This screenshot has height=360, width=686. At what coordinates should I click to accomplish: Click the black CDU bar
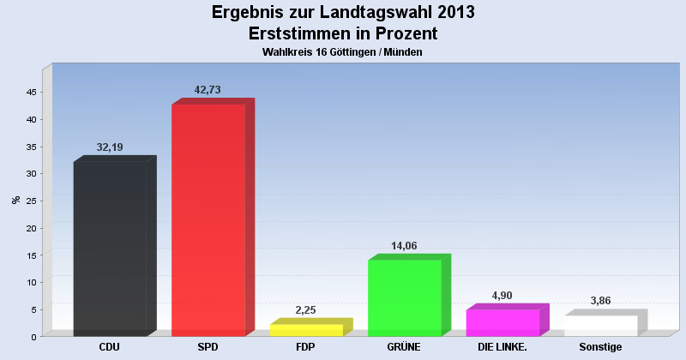(110, 249)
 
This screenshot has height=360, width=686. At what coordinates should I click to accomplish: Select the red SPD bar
(208, 220)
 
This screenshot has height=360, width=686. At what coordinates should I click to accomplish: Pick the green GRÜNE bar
(404, 297)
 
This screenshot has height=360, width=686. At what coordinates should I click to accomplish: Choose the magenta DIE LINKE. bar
(502, 322)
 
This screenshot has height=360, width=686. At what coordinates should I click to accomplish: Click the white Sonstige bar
(600, 326)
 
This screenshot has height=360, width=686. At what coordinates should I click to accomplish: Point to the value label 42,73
(208, 90)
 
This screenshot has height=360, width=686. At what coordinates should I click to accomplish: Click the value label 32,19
(110, 147)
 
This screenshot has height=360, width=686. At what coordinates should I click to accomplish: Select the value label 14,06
(404, 246)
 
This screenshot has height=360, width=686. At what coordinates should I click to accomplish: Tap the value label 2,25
(306, 310)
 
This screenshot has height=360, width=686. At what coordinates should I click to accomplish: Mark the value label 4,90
(502, 296)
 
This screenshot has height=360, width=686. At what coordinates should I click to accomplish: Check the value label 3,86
(600, 301)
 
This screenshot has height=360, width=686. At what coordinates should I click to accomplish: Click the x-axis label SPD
(208, 347)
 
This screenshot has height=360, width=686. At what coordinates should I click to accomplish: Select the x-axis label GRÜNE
(404, 347)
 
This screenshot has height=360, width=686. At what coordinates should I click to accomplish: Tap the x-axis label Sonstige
(600, 347)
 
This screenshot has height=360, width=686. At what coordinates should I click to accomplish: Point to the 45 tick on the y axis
(31, 92)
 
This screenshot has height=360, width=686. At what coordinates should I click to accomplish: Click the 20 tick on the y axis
(31, 228)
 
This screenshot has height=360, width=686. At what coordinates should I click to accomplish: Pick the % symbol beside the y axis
(15, 200)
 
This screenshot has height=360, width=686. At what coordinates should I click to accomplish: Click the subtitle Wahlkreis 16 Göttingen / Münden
(343, 52)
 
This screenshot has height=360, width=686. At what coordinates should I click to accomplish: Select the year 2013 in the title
(448, 13)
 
